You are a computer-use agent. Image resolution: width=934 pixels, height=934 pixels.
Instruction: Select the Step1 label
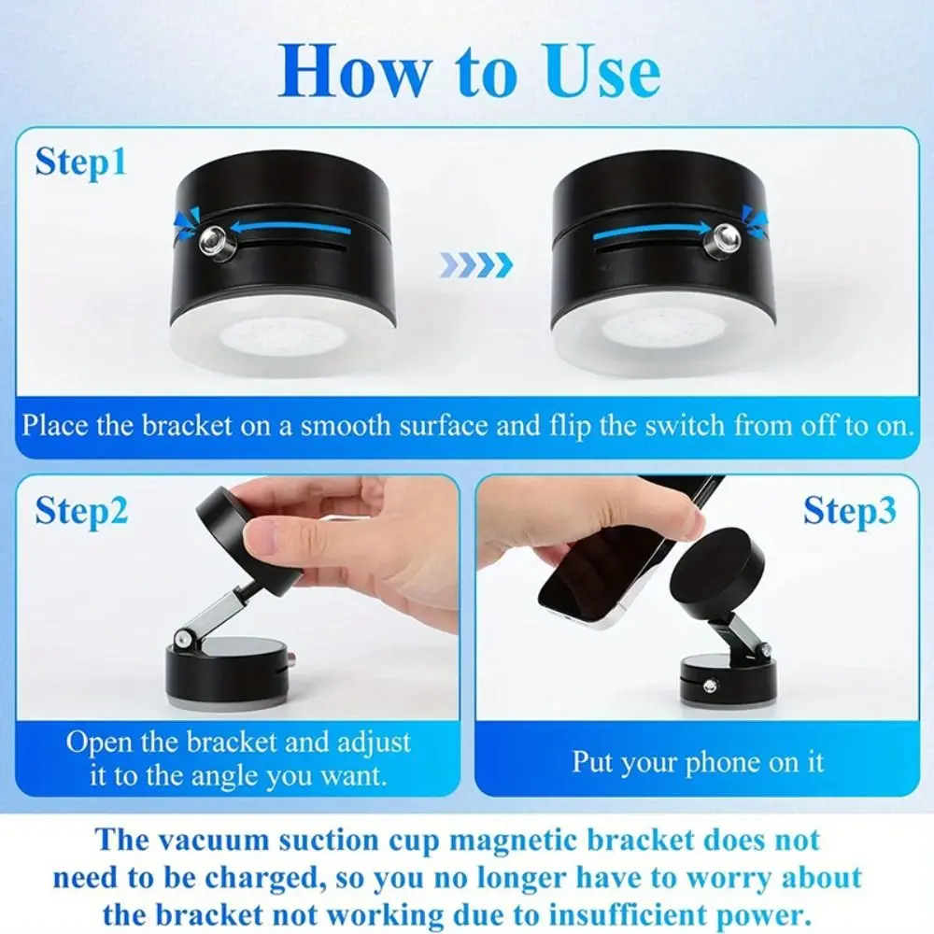point(80,162)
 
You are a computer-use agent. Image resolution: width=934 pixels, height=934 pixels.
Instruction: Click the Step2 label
point(82,511)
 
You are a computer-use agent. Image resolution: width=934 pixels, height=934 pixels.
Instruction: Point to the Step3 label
point(849,511)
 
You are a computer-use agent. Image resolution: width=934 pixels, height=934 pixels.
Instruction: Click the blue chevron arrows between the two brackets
point(476,265)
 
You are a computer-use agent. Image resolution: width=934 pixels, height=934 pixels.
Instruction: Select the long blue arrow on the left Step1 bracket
point(291,227)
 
